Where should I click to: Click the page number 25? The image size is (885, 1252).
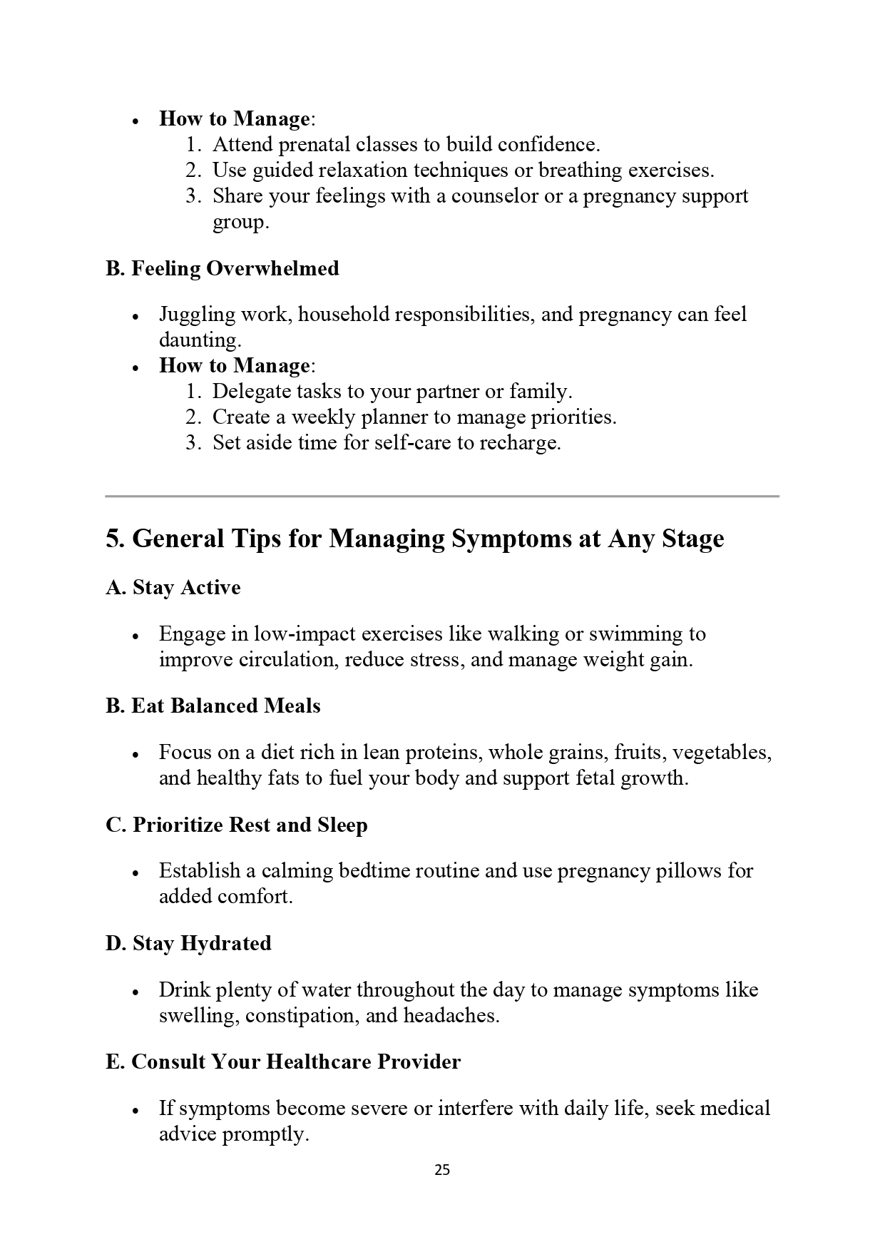[x=441, y=1170]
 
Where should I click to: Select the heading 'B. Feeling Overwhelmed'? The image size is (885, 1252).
[x=222, y=269]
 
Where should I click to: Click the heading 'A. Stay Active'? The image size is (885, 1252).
[x=173, y=588]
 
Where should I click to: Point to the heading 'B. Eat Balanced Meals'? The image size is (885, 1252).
[x=213, y=706]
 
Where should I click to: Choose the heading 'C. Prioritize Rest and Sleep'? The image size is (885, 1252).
[x=236, y=825]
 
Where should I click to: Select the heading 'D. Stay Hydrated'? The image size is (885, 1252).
[x=188, y=944]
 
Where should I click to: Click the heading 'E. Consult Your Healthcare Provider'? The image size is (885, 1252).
[x=282, y=1062]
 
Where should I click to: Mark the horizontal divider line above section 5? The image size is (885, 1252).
[x=441, y=496]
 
